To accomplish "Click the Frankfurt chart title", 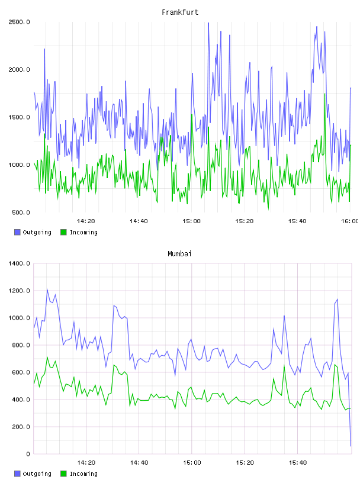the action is pyautogui.click(x=180, y=12).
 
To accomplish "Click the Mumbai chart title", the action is pyautogui.click(x=179, y=253).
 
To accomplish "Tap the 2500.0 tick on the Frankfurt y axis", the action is pyautogui.click(x=19, y=22).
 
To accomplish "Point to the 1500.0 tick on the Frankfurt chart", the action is pyautogui.click(x=19, y=117).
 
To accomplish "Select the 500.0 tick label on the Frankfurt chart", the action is pyautogui.click(x=21, y=212).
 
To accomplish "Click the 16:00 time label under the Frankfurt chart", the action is pyautogui.click(x=349, y=221).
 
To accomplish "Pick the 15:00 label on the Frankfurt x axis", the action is pyautogui.click(x=191, y=221).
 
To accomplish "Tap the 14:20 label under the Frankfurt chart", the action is pyautogui.click(x=86, y=221).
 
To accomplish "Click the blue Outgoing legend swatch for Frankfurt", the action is pyautogui.click(x=17, y=232).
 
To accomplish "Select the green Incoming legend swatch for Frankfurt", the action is pyautogui.click(x=63, y=232).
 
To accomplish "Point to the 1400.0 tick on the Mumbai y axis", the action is pyautogui.click(x=19, y=263).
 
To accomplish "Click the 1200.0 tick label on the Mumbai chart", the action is pyautogui.click(x=19, y=291).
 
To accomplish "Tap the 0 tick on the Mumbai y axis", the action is pyautogui.click(x=28, y=454).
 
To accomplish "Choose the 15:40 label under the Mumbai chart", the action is pyautogui.click(x=297, y=462).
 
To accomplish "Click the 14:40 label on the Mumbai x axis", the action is pyautogui.click(x=139, y=462).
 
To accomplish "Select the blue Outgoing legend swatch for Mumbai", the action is pyautogui.click(x=17, y=474).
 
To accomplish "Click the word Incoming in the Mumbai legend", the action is pyautogui.click(x=83, y=474).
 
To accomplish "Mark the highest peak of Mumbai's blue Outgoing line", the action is pyautogui.click(x=47, y=289).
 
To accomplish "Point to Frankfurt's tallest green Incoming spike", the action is pyautogui.click(x=325, y=94).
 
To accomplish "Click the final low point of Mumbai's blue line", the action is pyautogui.click(x=351, y=446).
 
